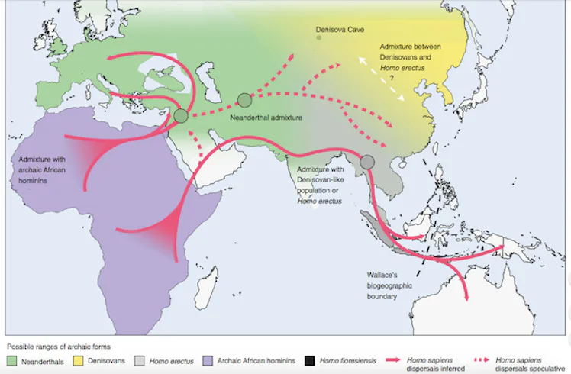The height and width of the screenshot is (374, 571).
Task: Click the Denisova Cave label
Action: pos(340,29)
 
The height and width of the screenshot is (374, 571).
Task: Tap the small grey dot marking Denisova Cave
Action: pos(319,37)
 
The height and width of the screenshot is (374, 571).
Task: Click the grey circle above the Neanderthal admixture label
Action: pos(244,99)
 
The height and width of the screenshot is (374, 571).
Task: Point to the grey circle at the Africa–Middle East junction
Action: pos(181,116)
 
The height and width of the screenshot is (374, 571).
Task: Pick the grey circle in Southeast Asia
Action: pos(367,162)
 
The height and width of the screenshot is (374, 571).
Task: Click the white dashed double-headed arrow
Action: pos(382,78)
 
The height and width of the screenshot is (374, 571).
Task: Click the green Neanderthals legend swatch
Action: pos(12,359)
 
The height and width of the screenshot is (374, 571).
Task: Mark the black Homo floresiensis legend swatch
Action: pos(308,359)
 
